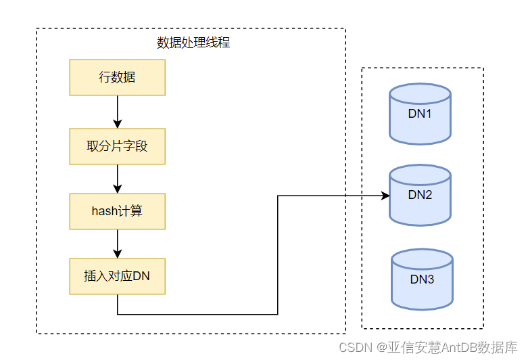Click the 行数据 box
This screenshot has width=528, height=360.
tap(117, 77)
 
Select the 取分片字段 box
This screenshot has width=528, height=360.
tap(117, 145)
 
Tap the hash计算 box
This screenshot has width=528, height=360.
tap(117, 211)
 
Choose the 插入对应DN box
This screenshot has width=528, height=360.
tap(117, 275)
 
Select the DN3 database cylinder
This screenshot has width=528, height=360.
tap(422, 279)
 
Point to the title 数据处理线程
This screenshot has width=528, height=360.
tap(193, 43)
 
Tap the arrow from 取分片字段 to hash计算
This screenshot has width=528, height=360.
tap(118, 179)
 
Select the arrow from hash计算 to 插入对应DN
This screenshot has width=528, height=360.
tap(118, 244)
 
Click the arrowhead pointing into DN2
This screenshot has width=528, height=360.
tap(385, 196)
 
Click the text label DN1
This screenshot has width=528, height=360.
tap(420, 114)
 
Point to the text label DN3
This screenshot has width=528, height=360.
tap(422, 279)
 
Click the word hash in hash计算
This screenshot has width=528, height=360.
tap(104, 211)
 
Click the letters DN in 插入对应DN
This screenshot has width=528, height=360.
tap(141, 275)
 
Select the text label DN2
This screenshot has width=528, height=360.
tap(420, 195)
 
